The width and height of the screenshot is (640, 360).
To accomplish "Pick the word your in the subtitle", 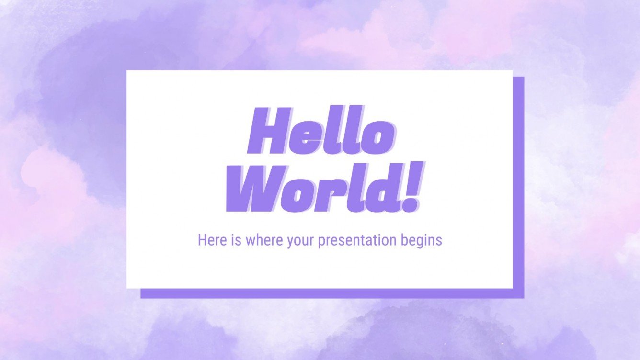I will click(x=301, y=241).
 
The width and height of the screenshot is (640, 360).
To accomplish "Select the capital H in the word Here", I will click(x=201, y=240).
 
